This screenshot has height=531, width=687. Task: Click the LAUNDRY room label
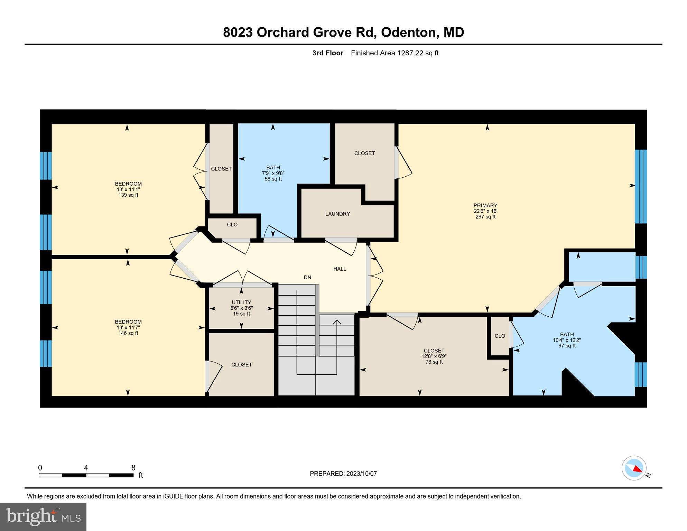pos(337,214)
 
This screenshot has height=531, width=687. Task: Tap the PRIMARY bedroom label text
pos(485,205)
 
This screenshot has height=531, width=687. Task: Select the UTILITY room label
pos(241,302)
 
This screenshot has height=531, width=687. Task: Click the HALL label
pos(340,269)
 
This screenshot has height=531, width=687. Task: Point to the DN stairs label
pos(307,278)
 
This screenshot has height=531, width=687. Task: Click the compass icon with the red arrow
pos(634,468)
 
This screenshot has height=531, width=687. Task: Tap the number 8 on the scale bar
pos(133,468)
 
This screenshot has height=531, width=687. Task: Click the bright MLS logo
pos(43,516)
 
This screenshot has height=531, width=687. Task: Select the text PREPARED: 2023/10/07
pos(343,474)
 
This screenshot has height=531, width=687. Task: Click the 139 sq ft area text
pos(128,195)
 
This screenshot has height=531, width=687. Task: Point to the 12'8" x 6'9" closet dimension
pos(434,356)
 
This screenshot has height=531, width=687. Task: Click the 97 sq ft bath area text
pos(567,346)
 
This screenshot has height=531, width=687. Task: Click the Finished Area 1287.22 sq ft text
pos(394,53)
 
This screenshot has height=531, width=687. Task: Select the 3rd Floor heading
pos(327,53)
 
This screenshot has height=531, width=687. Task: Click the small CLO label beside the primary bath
pos(500,336)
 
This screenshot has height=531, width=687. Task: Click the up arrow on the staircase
pos(337,322)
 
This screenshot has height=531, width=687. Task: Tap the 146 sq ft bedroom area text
pos(128,333)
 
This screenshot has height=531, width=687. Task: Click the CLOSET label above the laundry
pos(364,153)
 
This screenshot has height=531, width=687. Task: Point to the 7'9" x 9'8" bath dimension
pos(273,173)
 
